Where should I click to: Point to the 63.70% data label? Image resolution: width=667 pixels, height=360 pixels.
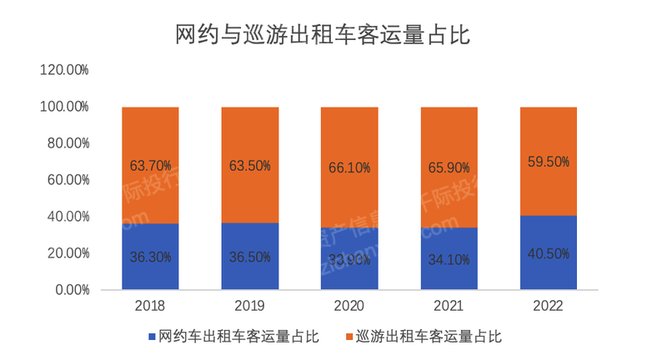(150, 166)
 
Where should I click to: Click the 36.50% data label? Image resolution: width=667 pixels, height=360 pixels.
(250, 257)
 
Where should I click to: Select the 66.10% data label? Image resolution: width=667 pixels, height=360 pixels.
(349, 167)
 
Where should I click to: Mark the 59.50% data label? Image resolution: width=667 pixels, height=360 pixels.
(549, 162)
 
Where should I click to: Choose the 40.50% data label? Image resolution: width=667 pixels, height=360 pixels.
(549, 253)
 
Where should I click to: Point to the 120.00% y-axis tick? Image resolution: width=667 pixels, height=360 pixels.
(64, 70)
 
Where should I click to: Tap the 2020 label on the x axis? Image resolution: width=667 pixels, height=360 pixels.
(349, 306)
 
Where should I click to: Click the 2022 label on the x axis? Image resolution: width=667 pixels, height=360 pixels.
(549, 306)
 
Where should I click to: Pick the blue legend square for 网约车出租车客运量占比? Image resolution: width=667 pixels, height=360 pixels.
(152, 337)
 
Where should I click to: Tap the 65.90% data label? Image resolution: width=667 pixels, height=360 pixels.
(449, 167)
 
